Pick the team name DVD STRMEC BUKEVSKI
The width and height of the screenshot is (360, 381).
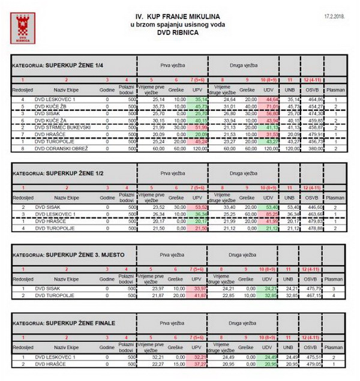[x=62, y=127]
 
